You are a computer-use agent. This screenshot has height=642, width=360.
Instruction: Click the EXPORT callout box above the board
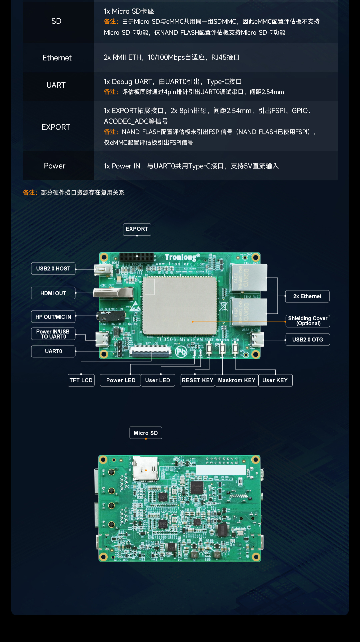click(137, 229)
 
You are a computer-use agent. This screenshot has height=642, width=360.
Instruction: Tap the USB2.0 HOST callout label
click(53, 269)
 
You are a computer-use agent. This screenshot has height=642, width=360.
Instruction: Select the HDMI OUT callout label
click(53, 293)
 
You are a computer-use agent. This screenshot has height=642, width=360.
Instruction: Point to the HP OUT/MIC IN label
click(53, 317)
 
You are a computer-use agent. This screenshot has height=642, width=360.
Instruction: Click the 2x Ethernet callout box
click(307, 296)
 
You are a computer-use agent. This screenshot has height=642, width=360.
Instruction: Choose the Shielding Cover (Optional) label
click(308, 321)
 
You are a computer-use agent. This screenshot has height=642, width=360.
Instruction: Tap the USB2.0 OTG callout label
click(308, 340)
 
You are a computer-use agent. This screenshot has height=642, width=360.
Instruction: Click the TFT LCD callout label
click(81, 380)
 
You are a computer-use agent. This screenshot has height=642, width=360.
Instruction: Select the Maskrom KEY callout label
click(237, 380)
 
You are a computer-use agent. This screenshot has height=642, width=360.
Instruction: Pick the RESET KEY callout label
click(198, 380)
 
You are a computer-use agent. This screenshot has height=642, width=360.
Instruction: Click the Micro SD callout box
click(146, 433)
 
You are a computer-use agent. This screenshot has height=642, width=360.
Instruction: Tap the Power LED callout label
click(121, 380)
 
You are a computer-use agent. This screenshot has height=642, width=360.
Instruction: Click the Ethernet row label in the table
click(57, 58)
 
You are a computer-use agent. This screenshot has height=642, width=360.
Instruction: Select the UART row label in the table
click(56, 85)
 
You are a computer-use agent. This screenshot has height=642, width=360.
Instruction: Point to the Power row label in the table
click(55, 166)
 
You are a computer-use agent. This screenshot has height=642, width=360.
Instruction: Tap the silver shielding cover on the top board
click(180, 305)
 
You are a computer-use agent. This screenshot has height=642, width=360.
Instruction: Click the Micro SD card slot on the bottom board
click(146, 469)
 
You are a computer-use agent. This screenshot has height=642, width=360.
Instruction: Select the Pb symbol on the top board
click(181, 352)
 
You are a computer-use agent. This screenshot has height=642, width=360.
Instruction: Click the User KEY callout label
click(275, 380)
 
